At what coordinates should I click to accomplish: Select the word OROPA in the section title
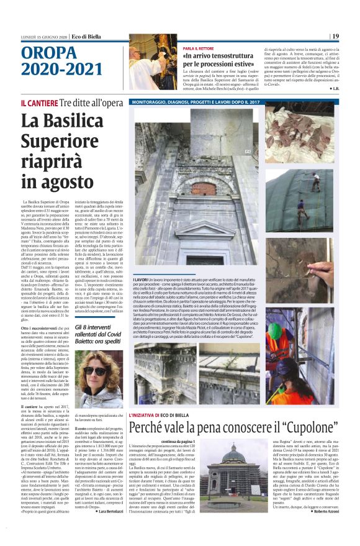coord(41,52)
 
